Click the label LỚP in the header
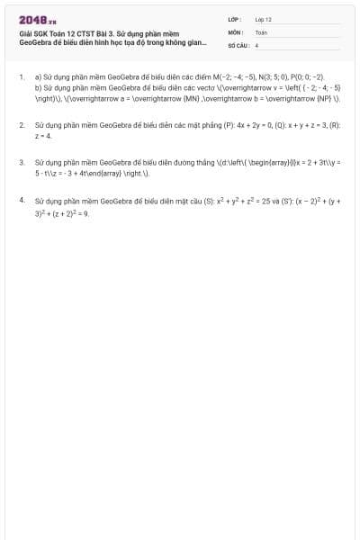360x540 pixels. click(x=235, y=18)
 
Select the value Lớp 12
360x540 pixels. click(x=263, y=18)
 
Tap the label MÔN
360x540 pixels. click(x=236, y=31)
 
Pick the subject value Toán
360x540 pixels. click(x=261, y=31)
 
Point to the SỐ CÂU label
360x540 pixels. click(x=238, y=43)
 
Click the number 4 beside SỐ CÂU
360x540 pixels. click(x=256, y=43)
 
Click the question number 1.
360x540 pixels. click(x=21, y=77)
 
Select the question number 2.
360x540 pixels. click(x=21, y=126)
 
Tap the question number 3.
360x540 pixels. click(x=21, y=163)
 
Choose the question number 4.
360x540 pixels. click(x=21, y=199)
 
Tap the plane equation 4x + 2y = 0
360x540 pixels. click(x=238, y=126)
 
